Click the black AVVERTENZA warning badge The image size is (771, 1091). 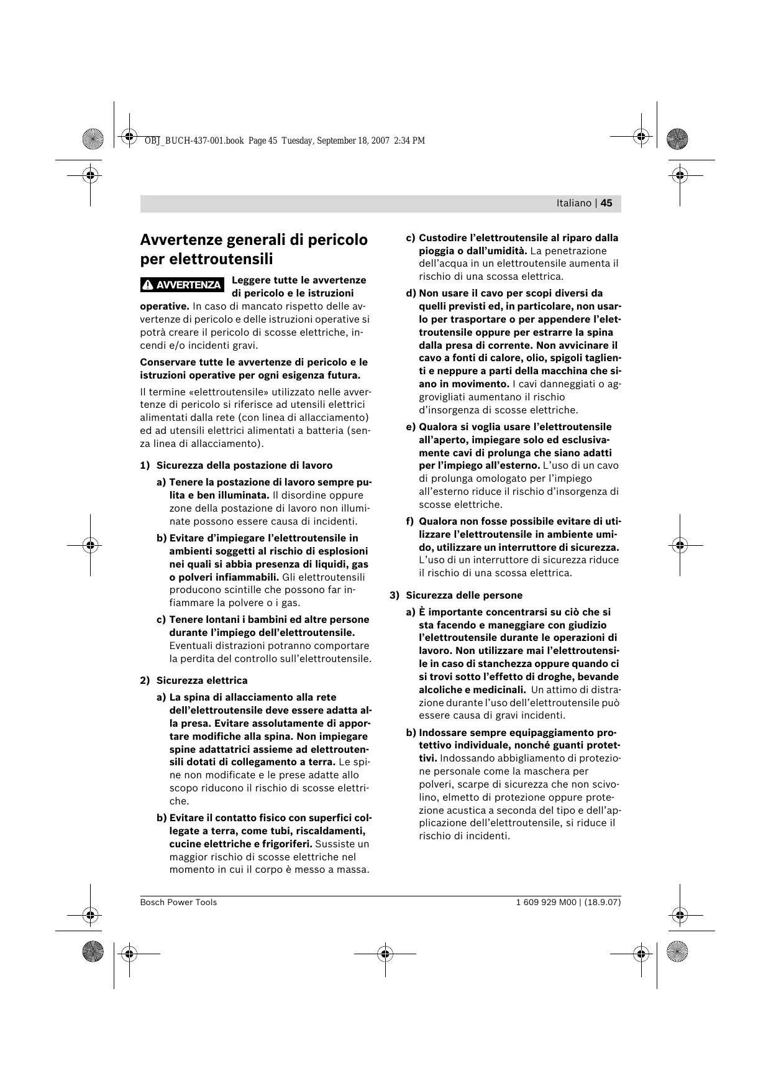click(182, 285)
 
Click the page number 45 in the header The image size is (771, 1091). click(606, 203)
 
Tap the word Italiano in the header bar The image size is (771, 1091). click(573, 203)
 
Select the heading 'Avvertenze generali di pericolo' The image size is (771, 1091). click(253, 240)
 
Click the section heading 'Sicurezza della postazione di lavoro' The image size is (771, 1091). click(244, 466)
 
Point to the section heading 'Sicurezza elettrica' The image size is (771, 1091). click(202, 681)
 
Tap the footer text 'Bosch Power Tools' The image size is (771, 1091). click(178, 902)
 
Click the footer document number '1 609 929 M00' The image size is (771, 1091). click(537, 902)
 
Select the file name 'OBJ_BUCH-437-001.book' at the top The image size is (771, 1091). click(194, 140)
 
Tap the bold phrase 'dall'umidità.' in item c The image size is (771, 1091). click(498, 251)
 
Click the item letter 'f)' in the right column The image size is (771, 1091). click(410, 522)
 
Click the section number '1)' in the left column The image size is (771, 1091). click(145, 466)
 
